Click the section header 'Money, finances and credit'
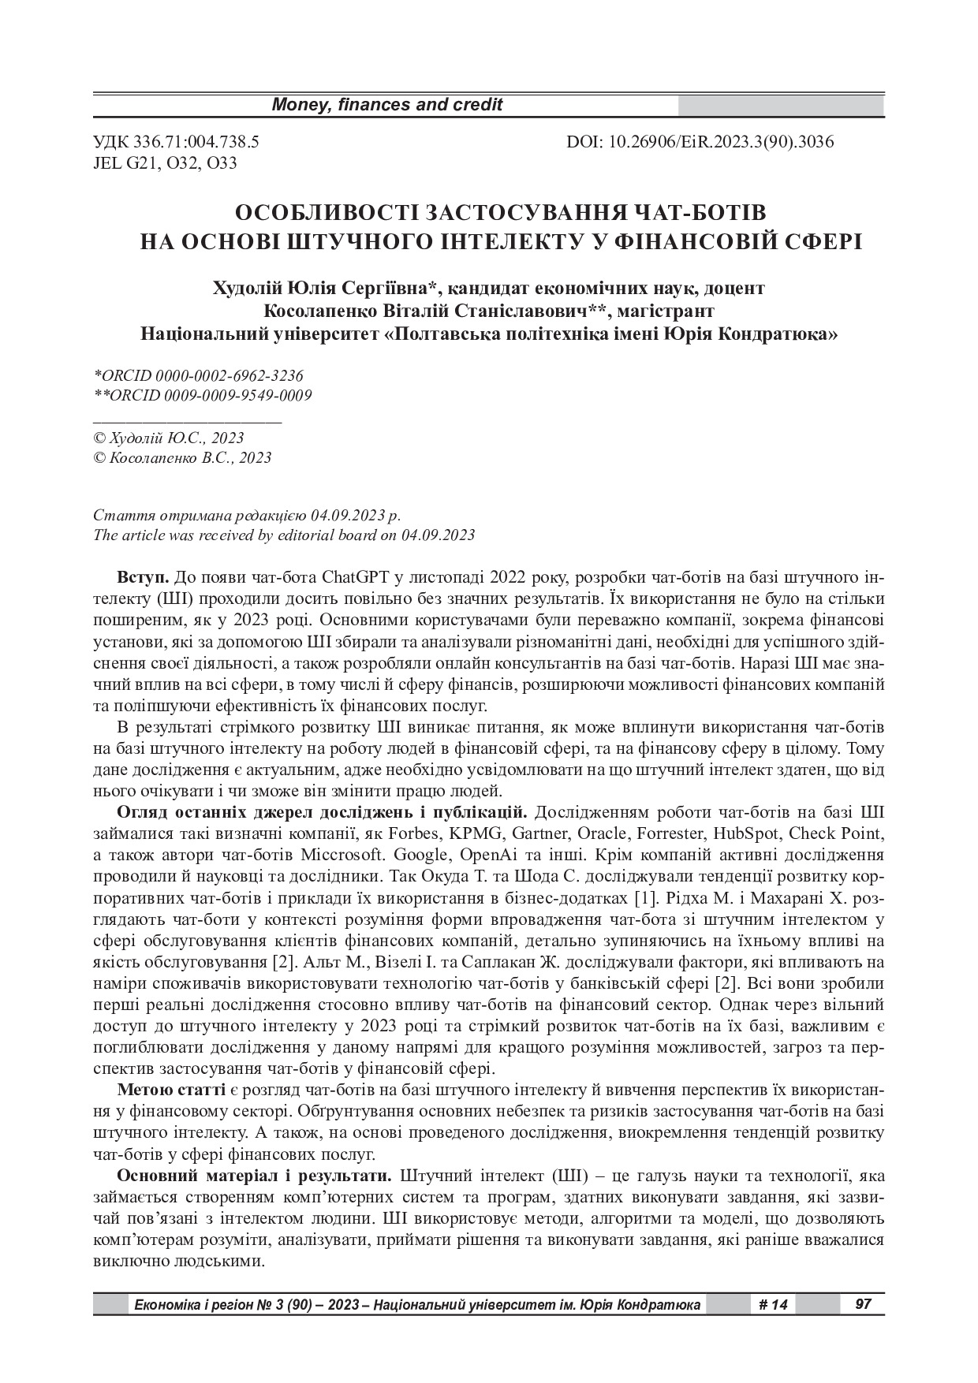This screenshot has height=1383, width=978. click(x=386, y=105)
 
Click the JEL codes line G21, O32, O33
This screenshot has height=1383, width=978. click(x=165, y=163)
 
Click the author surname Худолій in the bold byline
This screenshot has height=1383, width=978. click(x=251, y=288)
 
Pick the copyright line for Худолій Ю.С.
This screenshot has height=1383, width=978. click(x=169, y=438)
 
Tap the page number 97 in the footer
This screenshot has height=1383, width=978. click(x=863, y=1304)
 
